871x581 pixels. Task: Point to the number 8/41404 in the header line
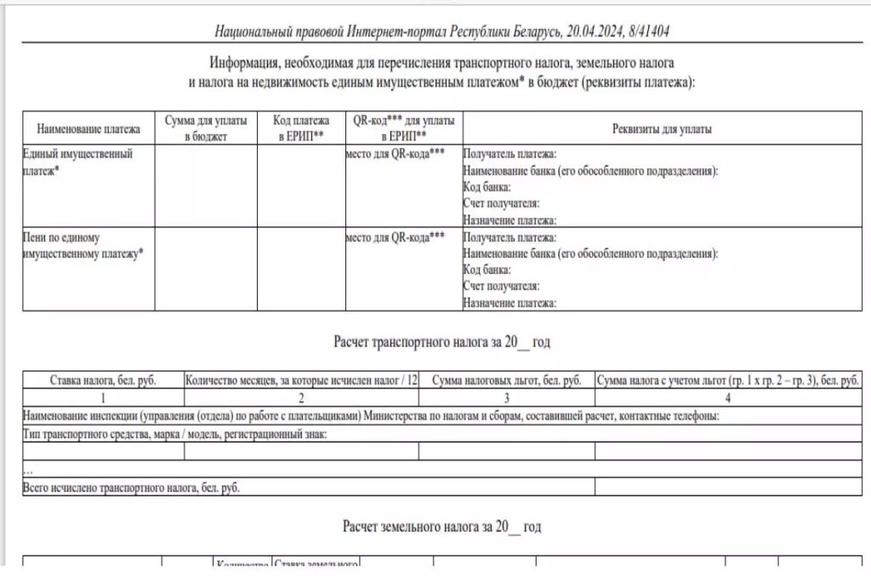[x=647, y=32]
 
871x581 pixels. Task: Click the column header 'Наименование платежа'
[x=88, y=129]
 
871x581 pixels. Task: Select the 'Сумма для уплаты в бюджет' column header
[x=206, y=129]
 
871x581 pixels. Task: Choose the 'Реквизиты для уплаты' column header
[x=662, y=129]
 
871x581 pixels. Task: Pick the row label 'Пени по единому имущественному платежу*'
[x=83, y=245]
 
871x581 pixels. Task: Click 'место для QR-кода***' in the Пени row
[x=395, y=237]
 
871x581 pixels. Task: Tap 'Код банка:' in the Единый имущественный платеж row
[x=487, y=187]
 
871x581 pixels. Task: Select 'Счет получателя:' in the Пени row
[x=502, y=286]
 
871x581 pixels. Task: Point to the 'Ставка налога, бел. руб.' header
[x=103, y=381]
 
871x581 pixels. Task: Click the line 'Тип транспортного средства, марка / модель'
[x=174, y=435]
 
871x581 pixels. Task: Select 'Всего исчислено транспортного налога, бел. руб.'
[x=131, y=487]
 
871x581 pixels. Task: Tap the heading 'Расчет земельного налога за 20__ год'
[x=442, y=527]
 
